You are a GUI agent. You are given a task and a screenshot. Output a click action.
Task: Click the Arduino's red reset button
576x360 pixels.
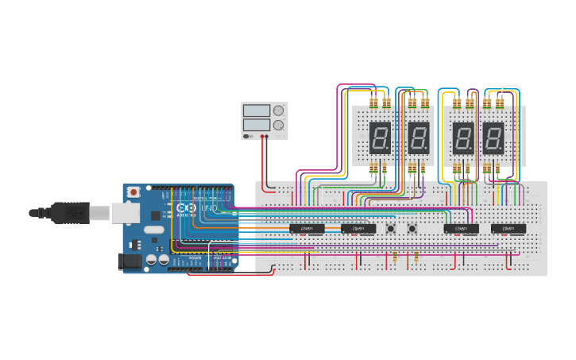[x=133, y=192]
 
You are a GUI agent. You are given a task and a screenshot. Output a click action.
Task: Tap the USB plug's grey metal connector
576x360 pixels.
[x=123, y=212]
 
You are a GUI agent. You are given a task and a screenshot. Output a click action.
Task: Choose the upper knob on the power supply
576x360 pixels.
[x=278, y=110]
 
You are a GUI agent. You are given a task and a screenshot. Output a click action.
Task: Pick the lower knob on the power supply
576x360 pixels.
[x=278, y=125]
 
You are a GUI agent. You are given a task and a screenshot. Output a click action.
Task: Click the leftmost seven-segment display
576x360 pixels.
[x=379, y=138]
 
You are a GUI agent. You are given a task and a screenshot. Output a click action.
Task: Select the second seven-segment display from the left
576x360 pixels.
[x=419, y=138]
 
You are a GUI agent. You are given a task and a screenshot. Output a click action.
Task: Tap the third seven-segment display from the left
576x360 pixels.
[x=463, y=138]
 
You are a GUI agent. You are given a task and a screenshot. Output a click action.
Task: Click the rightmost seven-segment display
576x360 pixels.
[x=493, y=138]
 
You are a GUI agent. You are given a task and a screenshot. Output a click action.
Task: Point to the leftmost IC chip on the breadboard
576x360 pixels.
[x=307, y=229]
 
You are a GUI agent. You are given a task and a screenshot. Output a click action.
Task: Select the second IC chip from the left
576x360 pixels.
[x=358, y=229]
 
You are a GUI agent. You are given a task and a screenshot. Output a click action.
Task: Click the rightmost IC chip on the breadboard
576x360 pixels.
[x=508, y=229]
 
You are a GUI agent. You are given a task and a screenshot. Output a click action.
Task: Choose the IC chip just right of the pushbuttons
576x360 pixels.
[x=461, y=229]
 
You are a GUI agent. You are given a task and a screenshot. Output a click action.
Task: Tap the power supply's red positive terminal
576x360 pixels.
[x=265, y=137]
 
